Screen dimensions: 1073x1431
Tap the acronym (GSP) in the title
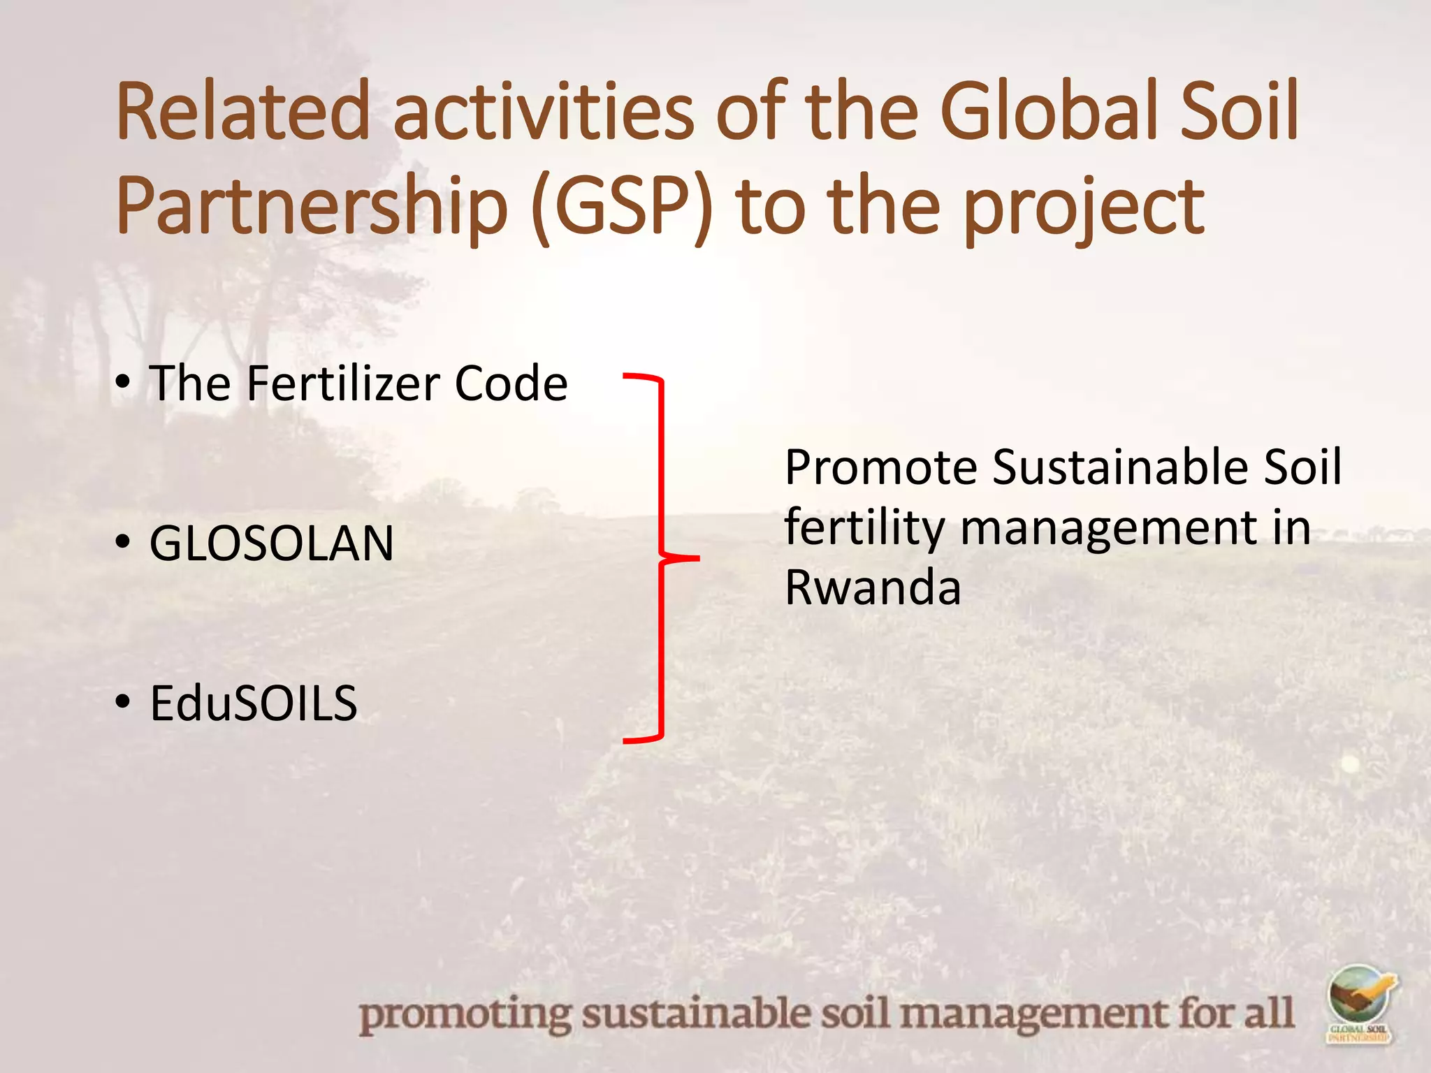pos(622,207)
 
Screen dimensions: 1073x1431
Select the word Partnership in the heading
pos(312,207)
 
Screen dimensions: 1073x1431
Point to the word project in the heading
pos(1084,207)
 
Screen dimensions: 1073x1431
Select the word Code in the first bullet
pos(511,384)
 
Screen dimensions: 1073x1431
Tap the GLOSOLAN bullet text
pos(272,543)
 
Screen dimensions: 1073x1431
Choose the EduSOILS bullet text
pos(254,703)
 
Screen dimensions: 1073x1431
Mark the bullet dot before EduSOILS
pos(124,701)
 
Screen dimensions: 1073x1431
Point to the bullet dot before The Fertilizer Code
pos(124,382)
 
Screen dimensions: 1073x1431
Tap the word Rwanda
pos(873,587)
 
